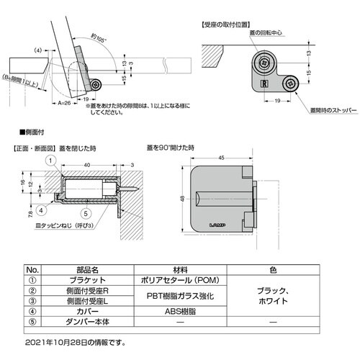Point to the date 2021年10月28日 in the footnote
point(50,341)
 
